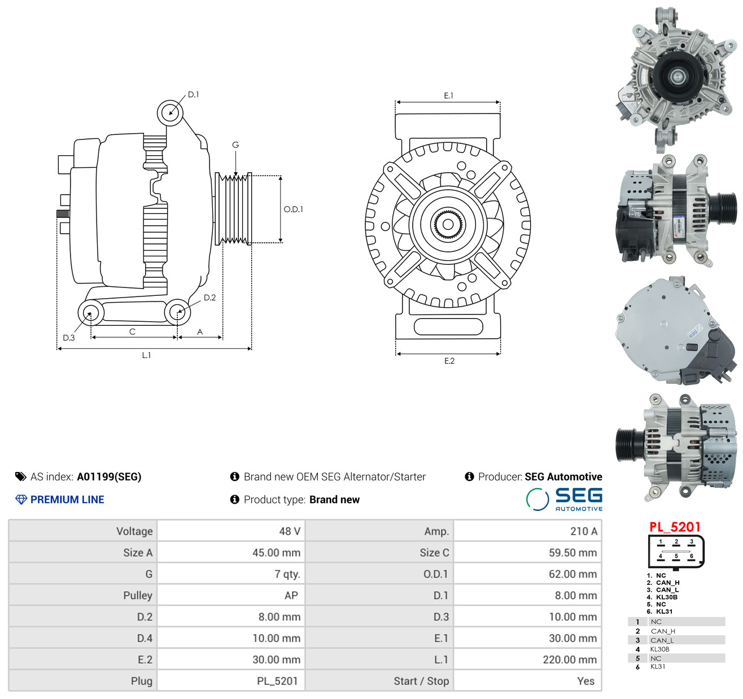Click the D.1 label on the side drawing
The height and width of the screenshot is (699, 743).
click(x=193, y=95)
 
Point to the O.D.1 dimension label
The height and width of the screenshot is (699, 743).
click(x=294, y=209)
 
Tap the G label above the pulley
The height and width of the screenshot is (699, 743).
click(x=235, y=145)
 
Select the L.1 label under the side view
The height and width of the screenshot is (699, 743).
click(x=146, y=355)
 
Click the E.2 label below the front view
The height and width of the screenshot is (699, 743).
click(x=449, y=361)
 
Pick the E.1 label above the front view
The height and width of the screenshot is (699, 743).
click(x=449, y=96)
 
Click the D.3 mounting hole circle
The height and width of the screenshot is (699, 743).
click(x=90, y=312)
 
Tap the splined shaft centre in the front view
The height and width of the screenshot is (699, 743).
click(x=448, y=225)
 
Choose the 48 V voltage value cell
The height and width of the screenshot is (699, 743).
click(x=290, y=531)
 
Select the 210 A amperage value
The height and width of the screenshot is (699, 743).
click(x=584, y=531)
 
